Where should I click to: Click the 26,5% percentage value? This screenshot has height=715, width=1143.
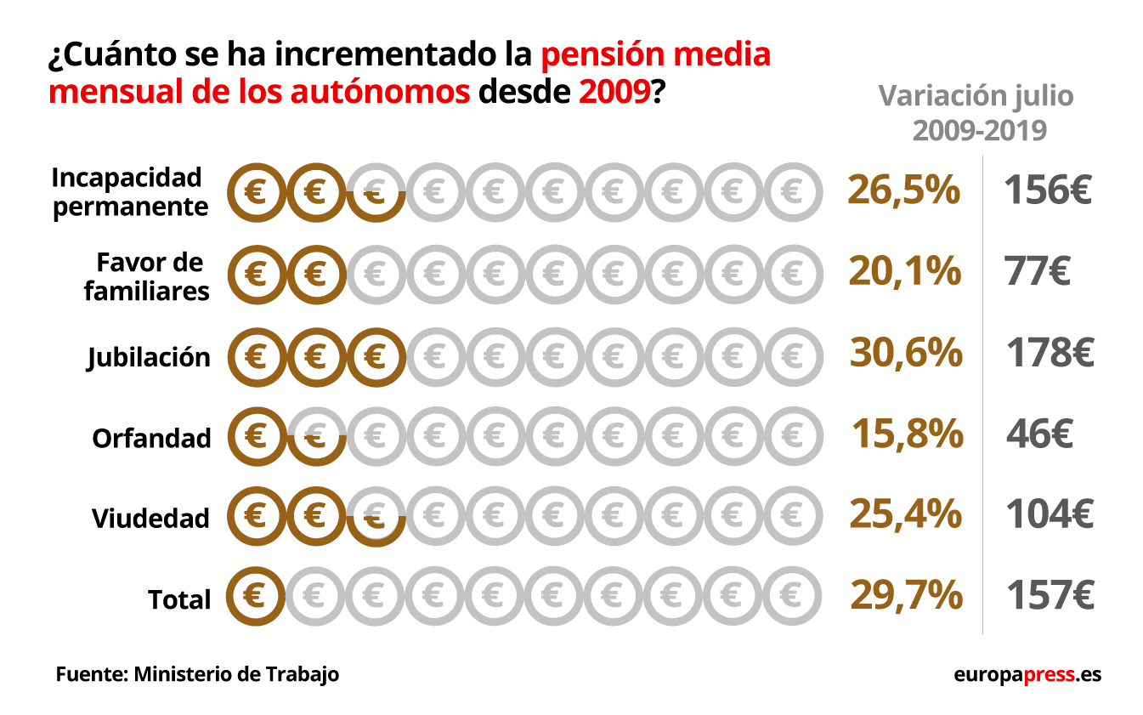903,191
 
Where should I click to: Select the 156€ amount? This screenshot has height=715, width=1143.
1047,191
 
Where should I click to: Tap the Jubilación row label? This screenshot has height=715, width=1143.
149,357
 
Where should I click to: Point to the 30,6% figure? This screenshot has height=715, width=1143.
906,353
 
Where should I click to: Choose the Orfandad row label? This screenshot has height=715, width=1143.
151,439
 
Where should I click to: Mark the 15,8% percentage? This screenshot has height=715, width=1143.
907,434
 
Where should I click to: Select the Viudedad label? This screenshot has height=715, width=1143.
150,518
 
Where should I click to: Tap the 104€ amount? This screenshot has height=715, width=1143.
1050,514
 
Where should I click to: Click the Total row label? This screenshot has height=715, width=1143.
179,599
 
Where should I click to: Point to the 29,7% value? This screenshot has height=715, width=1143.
906,595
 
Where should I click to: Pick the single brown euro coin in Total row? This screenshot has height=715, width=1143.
254,595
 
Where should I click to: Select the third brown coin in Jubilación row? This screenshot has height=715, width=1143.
375,355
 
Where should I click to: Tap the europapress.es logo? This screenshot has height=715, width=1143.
1027,675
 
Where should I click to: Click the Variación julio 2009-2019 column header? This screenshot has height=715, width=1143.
976,112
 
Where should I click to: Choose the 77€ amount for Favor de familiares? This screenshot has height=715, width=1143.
1037,272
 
